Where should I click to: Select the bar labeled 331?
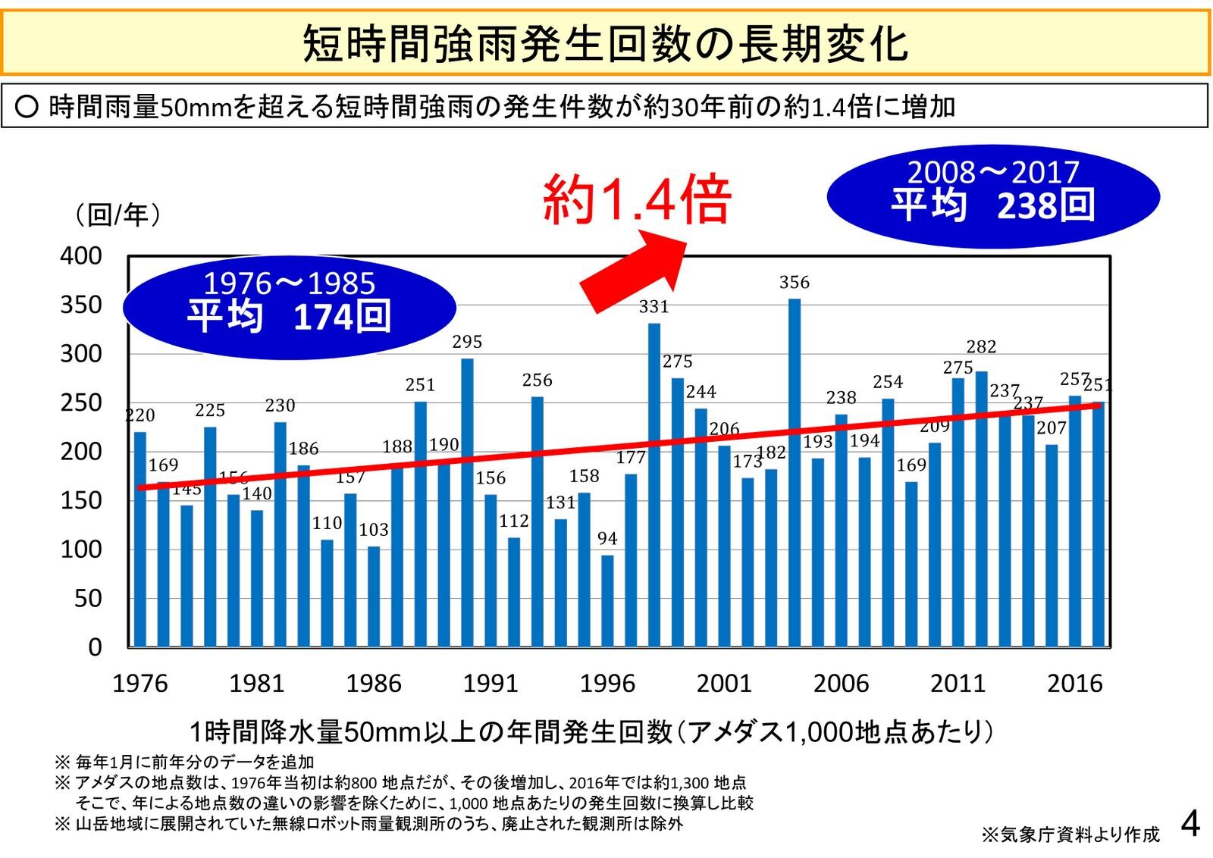point(654,485)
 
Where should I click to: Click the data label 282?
point(981,347)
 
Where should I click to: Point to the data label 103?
point(374,530)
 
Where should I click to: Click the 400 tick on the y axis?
point(81,256)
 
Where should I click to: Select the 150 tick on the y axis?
point(81,501)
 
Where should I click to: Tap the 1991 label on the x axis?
point(491,684)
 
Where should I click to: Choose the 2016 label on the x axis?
point(1074,684)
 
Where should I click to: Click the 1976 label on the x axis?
point(140,684)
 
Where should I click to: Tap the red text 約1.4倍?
point(637,200)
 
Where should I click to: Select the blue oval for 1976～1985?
point(289,306)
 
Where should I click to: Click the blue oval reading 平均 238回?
point(992,196)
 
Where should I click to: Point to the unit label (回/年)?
point(118,215)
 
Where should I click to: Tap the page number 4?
point(1190,824)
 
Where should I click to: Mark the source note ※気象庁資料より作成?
point(1070,835)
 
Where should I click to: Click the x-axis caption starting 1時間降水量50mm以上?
point(591,732)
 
